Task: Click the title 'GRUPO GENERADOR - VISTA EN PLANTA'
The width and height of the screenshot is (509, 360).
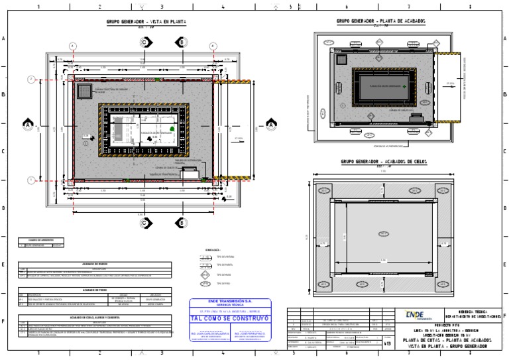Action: [146, 22]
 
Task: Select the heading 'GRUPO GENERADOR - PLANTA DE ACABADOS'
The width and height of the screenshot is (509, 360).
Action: [380, 21]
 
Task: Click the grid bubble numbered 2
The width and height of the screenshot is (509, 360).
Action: [31, 79]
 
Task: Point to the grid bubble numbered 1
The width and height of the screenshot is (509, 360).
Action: [31, 180]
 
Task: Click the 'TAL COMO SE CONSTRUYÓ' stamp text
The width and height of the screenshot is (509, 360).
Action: [230, 318]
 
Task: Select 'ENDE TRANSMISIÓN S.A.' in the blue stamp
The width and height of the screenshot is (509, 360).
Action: [230, 301]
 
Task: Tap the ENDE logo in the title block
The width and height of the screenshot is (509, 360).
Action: [415, 315]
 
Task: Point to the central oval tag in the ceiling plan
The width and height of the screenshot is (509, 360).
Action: [382, 233]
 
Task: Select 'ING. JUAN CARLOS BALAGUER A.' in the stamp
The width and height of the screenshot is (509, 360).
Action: [210, 335]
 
